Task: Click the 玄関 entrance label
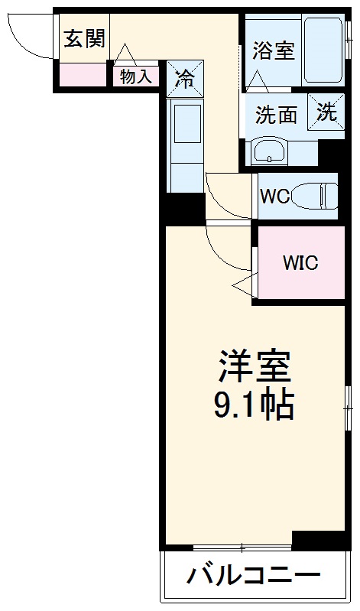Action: (84, 38)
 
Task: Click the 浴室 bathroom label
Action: (274, 51)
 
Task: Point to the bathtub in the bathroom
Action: (323, 50)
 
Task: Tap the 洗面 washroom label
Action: (276, 115)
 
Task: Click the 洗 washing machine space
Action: (326, 112)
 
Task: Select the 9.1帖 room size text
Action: (253, 406)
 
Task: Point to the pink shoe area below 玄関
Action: (83, 75)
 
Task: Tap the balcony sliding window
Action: (242, 547)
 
